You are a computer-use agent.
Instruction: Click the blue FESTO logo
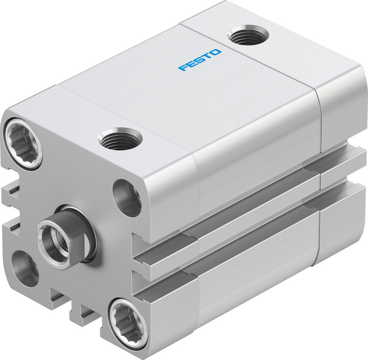pyautogui.click(x=200, y=60)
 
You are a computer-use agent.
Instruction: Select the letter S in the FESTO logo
pyautogui.click(x=199, y=60)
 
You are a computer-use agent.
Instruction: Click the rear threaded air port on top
pyautogui.click(x=248, y=36)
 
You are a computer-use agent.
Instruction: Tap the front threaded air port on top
pyautogui.click(x=120, y=139)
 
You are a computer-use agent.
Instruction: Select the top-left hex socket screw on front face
pyautogui.click(x=23, y=144)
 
